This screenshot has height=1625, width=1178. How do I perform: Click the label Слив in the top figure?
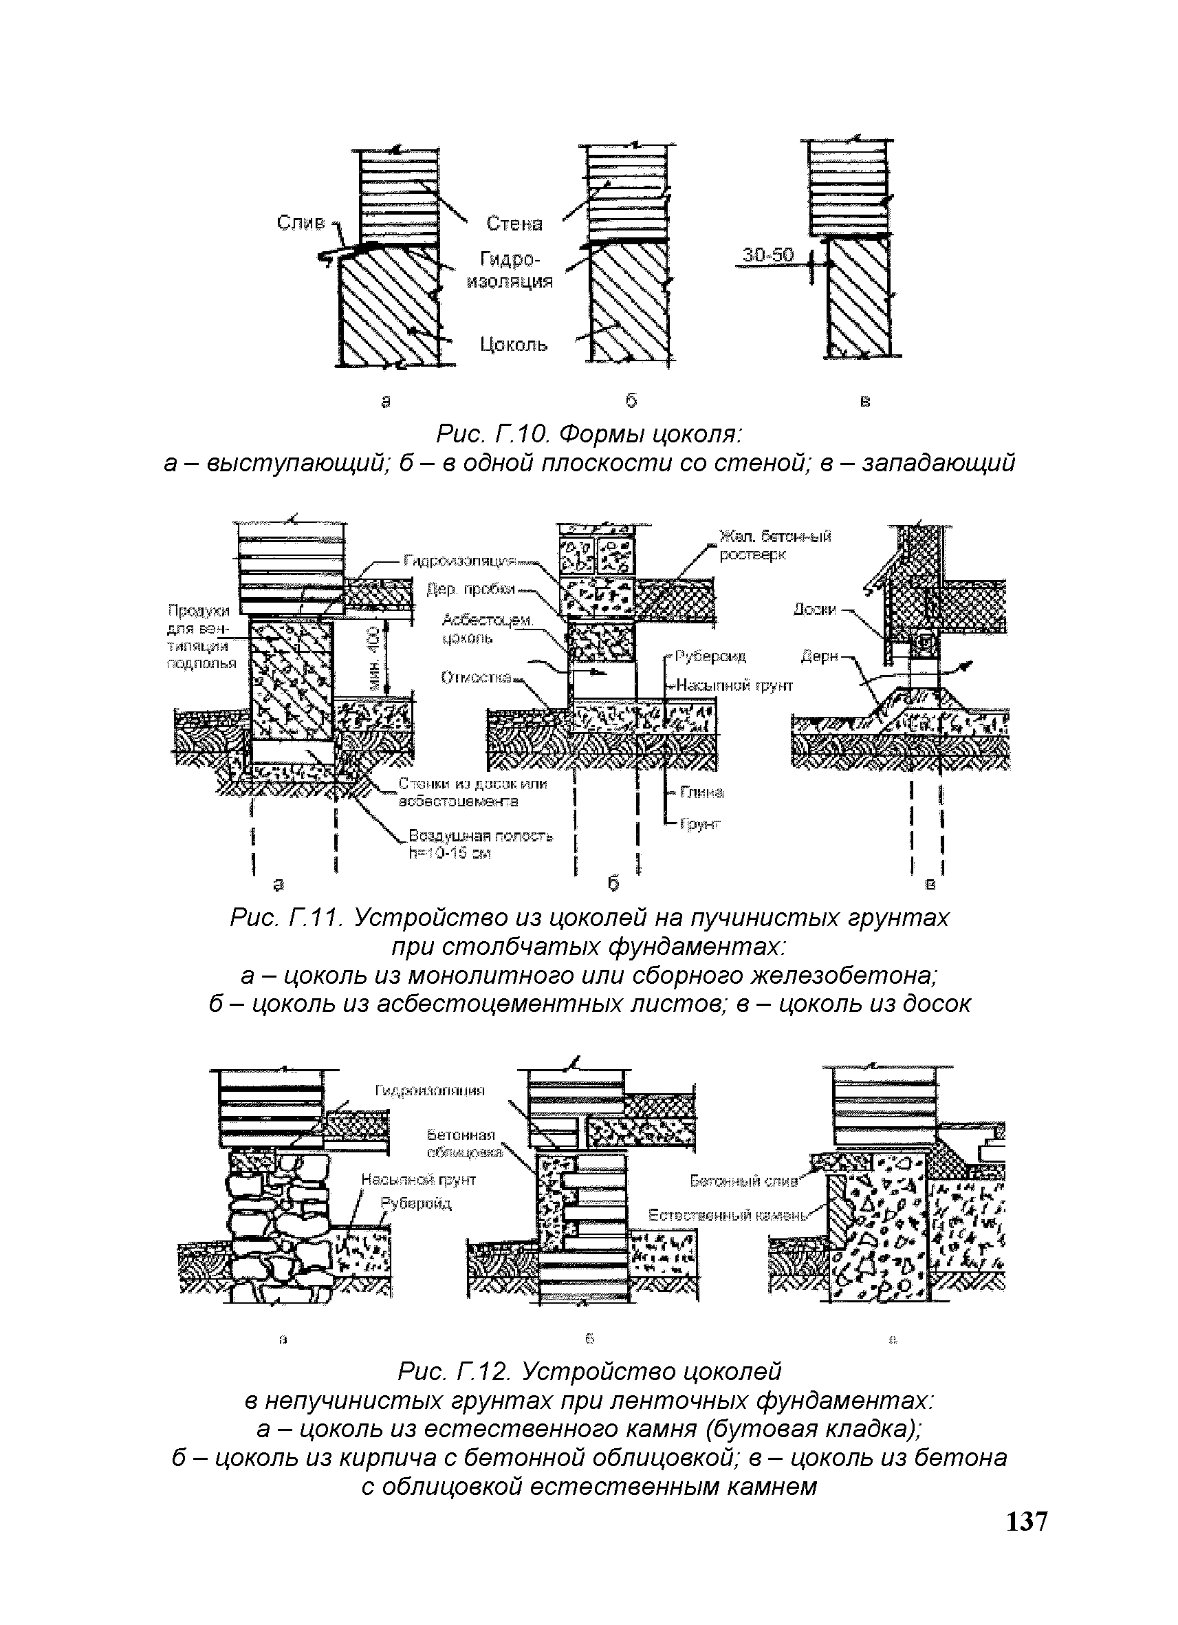click(300, 223)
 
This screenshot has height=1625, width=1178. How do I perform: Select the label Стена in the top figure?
click(514, 224)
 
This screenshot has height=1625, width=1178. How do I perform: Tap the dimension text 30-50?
click(767, 255)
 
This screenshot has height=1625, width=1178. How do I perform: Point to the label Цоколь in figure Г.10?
click(514, 345)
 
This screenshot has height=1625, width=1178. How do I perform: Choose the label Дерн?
click(817, 656)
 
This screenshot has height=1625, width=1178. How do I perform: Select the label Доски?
click(814, 610)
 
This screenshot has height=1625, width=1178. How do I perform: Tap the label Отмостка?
click(476, 677)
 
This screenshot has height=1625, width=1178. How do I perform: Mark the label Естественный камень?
click(728, 1215)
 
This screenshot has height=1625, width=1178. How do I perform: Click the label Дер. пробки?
click(470, 589)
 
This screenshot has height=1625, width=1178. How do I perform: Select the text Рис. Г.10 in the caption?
click(493, 433)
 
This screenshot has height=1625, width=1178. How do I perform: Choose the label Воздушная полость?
click(480, 835)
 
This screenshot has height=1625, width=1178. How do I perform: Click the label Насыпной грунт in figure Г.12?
click(418, 1179)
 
